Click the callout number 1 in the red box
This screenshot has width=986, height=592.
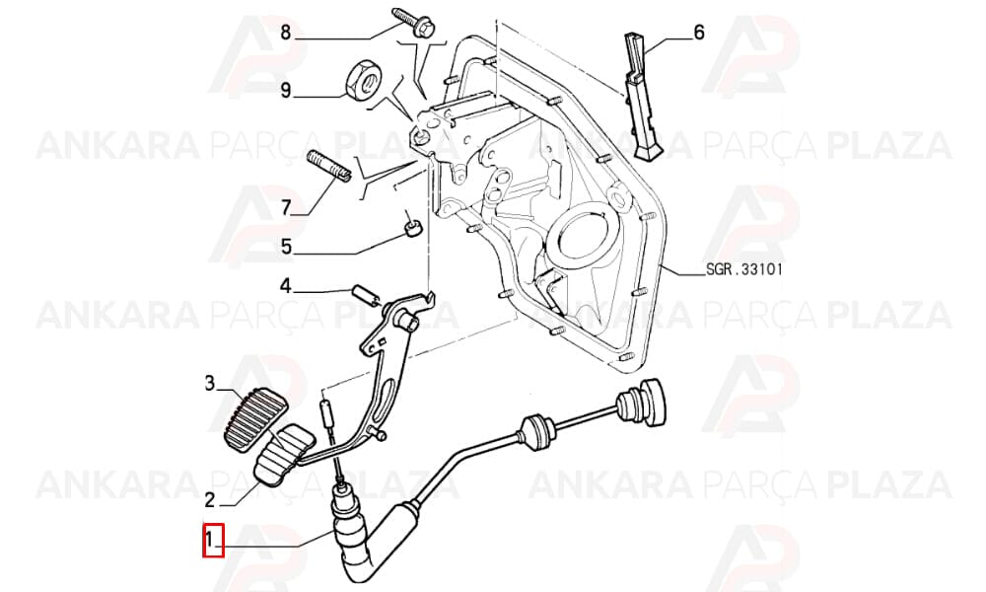click(x=212, y=541)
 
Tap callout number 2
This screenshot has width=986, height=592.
click(x=210, y=499)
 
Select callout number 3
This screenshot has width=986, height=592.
click(x=210, y=383)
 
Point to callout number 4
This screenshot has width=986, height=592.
click(x=286, y=287)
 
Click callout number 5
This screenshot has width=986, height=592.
click(x=286, y=246)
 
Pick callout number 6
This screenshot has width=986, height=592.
click(x=699, y=32)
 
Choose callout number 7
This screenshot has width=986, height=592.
click(x=286, y=207)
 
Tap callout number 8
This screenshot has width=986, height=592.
click(x=286, y=33)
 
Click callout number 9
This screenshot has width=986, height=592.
click(x=286, y=91)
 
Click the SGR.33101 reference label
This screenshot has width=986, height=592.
click(x=744, y=270)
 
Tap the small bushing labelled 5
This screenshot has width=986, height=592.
click(x=412, y=227)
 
